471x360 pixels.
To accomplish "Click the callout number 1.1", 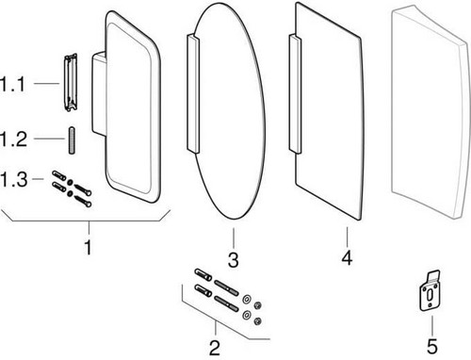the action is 12,84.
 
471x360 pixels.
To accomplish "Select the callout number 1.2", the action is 13,139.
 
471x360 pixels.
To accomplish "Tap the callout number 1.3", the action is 13,179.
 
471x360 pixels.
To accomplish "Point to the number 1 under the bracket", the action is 89,247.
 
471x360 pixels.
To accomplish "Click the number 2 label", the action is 215,348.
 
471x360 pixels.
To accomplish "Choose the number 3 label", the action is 234,259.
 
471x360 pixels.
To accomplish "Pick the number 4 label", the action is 347,257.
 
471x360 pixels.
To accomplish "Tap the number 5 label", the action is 432,346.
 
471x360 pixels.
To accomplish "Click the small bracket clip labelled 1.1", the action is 71,83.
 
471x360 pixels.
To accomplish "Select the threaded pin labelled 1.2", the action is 72,140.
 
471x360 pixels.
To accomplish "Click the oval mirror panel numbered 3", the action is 233,110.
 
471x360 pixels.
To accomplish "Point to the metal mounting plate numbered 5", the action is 430,290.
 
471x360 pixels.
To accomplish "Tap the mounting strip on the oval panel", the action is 193,93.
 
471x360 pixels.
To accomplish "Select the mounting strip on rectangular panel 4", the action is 295,93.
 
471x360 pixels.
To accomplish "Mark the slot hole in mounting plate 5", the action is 430,295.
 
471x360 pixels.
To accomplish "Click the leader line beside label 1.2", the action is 50,139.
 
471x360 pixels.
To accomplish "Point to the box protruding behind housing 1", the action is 99,93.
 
